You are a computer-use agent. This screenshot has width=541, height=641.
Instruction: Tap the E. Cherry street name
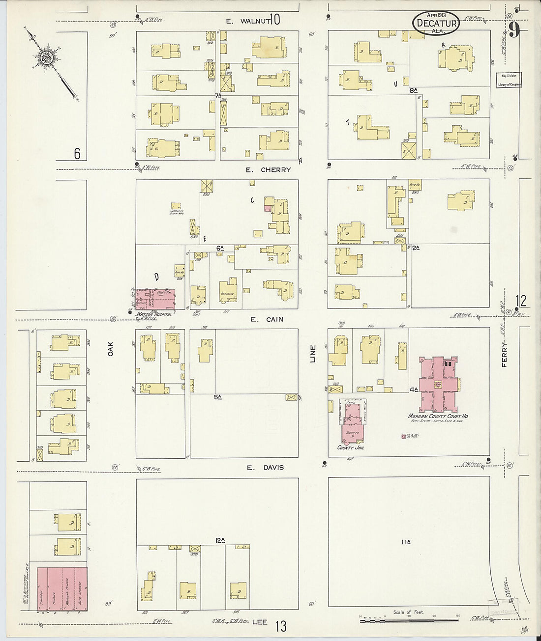coord(269,170)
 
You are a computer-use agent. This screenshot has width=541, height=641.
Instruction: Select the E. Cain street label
coord(267,319)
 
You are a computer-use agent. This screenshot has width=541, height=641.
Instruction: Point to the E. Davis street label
coord(265,468)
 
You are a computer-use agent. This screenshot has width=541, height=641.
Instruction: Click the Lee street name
coord(260,622)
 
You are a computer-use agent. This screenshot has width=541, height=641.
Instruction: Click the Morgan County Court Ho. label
coord(438,416)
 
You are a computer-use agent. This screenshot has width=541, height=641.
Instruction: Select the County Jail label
coord(352,448)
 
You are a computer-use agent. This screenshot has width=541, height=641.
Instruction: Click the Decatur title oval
coord(436,23)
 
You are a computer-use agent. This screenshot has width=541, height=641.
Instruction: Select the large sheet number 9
coord(514,31)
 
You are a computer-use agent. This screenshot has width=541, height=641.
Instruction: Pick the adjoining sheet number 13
coord(281,627)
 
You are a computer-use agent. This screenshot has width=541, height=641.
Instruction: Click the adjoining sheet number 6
coord(77,154)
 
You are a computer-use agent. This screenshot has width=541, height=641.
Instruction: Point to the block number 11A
coord(406,542)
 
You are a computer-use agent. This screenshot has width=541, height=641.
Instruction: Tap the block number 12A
coord(220,540)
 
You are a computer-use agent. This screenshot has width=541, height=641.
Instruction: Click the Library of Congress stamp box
coord(509,80)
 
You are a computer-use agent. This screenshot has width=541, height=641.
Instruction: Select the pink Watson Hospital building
coord(156,299)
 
